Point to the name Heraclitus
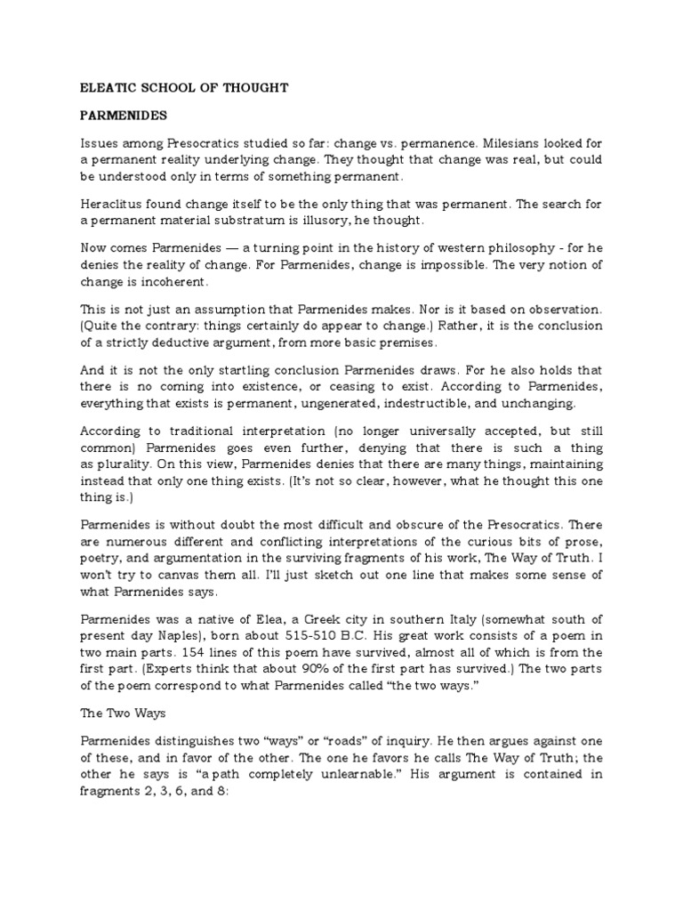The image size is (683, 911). (114, 204)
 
